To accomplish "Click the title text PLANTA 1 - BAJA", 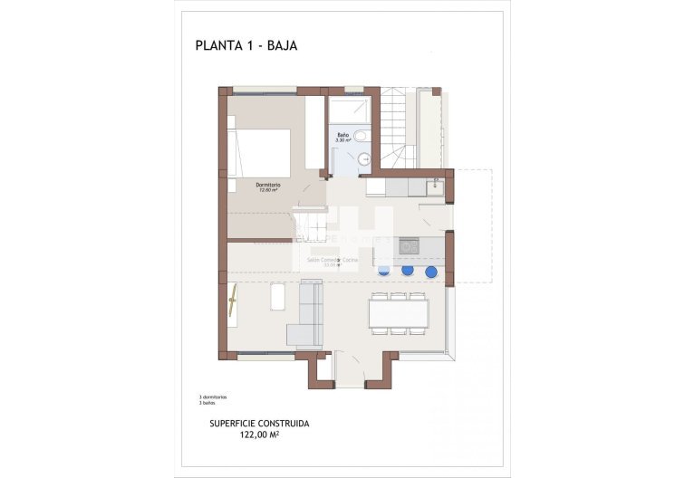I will tap(246, 44).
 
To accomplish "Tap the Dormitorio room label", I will tap(267, 186).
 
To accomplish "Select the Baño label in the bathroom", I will tap(342, 136).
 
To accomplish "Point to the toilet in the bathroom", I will tap(361, 137).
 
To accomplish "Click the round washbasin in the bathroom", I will tap(364, 159).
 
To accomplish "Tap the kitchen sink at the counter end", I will tap(436, 186).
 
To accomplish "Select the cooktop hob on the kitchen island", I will tap(410, 246).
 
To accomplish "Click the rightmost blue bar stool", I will tap(430, 271).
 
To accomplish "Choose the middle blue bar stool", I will tap(408, 270).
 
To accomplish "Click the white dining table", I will tap(398, 313).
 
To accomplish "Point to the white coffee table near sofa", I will tap(276, 296).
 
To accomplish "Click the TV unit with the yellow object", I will tap(233, 305).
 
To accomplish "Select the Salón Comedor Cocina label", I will tap(333, 260).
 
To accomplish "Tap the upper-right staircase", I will tap(397, 127).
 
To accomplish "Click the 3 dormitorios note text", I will tap(213, 397).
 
